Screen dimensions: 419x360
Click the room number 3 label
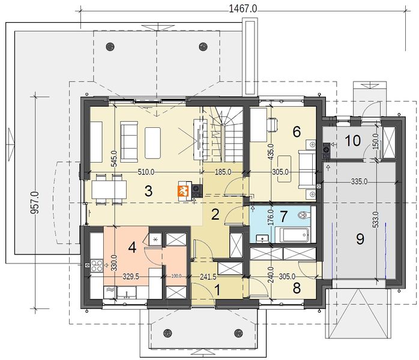click(148, 191)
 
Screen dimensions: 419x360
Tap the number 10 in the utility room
click(353, 140)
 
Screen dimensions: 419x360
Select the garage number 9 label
click(360, 239)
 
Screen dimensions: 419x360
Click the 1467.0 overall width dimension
click(243, 9)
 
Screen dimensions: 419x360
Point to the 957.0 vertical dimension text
click(35, 203)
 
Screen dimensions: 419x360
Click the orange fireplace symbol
click(183, 191)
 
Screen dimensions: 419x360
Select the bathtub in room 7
click(292, 235)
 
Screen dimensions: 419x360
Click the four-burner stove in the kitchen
click(97, 266)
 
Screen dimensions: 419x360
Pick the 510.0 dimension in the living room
click(146, 172)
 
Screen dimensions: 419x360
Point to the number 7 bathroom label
click(284, 216)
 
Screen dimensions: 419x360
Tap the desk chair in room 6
click(272, 125)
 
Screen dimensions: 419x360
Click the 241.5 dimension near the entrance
click(208, 277)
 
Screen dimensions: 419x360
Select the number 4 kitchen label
click(132, 247)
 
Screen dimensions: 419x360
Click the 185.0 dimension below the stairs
click(223, 172)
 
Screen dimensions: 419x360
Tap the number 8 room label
click(297, 288)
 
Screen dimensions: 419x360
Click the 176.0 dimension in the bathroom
click(270, 217)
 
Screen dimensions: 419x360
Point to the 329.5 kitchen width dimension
click(131, 277)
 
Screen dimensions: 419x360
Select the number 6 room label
click(297, 131)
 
